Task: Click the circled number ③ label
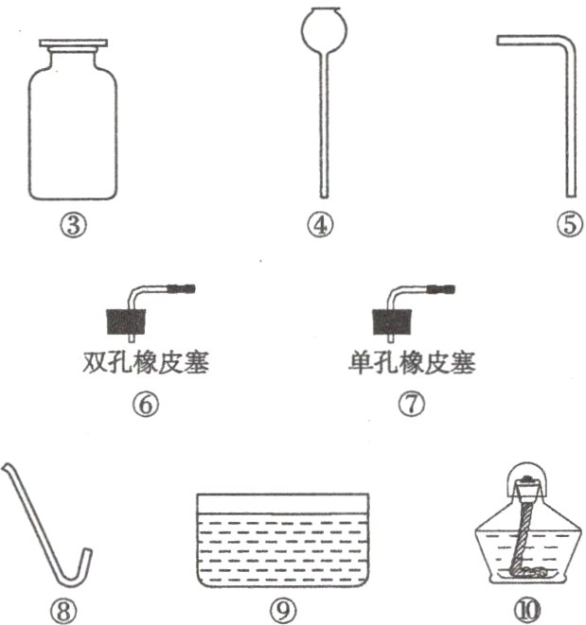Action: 73,225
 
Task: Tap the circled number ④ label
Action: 320,225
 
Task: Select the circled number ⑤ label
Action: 570,224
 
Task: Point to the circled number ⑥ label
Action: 145,404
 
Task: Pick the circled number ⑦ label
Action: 412,404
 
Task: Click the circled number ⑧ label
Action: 63,611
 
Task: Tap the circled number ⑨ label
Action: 283,611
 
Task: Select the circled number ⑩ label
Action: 526,610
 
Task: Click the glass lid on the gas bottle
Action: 73,43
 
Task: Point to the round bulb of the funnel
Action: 324,29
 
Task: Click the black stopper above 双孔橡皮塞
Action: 125,321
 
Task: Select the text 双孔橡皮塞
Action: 146,362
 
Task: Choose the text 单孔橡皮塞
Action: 412,362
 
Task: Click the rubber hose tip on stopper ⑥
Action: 181,288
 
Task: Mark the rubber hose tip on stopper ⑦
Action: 441,288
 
